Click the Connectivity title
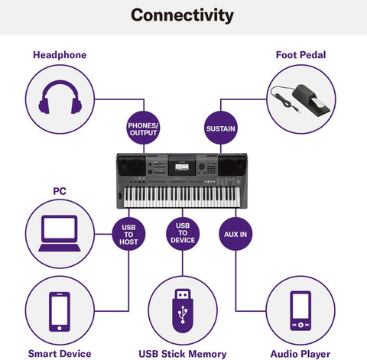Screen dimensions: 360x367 coord(183,15)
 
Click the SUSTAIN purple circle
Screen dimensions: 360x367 coord(220,127)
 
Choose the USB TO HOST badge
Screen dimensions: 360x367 coord(128,233)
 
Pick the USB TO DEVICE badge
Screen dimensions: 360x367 coord(183,233)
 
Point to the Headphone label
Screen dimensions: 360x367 coord(60,55)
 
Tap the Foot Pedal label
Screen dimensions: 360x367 coord(300,55)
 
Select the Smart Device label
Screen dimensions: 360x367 coord(60,353)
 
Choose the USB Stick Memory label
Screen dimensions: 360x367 coord(182,353)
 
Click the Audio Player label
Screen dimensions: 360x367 coord(300,353)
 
